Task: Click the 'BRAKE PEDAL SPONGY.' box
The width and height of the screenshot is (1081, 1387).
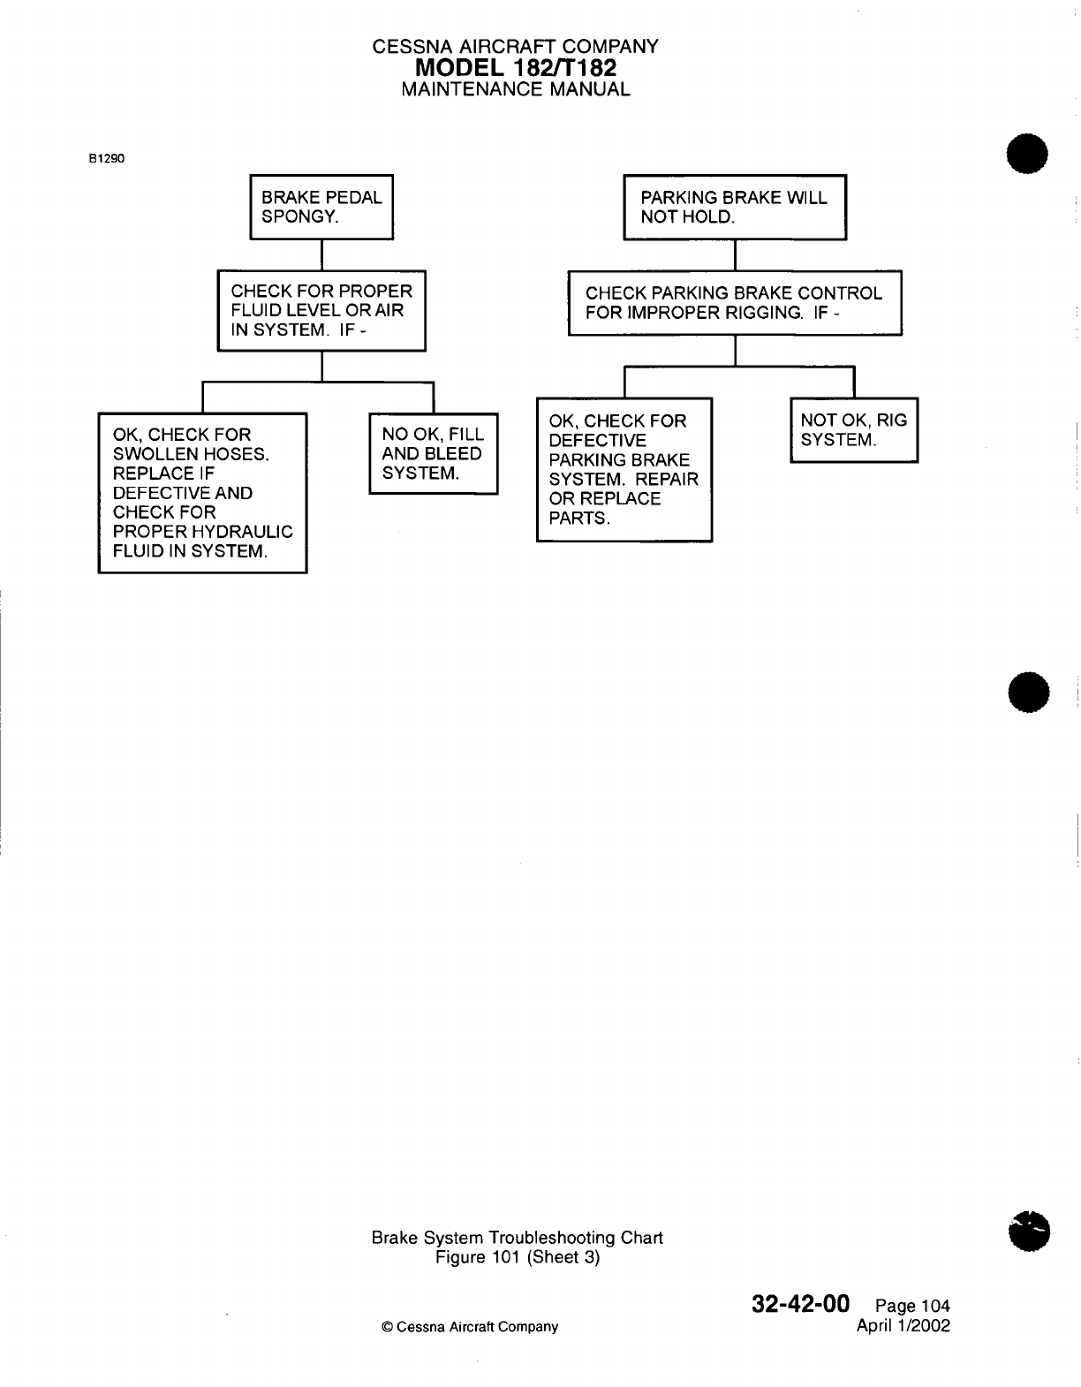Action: [321, 207]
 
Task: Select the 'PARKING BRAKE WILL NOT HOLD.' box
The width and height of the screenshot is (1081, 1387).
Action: [735, 207]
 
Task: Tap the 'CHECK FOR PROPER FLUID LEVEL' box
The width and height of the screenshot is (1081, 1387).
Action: [321, 310]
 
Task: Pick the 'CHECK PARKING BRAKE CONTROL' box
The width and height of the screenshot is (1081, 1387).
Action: [735, 302]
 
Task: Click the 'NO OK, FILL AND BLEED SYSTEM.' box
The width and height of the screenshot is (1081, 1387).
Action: [433, 454]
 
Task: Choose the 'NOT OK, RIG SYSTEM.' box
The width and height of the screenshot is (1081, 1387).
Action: [854, 430]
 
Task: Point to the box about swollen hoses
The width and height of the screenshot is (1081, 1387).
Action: [202, 493]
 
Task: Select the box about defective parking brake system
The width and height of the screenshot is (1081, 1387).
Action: [624, 469]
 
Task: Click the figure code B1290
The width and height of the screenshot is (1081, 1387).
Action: [107, 160]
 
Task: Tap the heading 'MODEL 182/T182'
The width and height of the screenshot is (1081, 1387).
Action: [516, 68]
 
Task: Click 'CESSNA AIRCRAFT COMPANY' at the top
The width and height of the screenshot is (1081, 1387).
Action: [516, 47]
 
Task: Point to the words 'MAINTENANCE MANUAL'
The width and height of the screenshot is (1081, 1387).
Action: [516, 89]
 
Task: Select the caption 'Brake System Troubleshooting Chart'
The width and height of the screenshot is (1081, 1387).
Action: [517, 1238]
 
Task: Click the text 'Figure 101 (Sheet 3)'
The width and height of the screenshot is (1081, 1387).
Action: [518, 1257]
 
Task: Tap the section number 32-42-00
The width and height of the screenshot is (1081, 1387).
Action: [800, 1304]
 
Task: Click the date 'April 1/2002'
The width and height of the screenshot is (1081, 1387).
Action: [903, 1325]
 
